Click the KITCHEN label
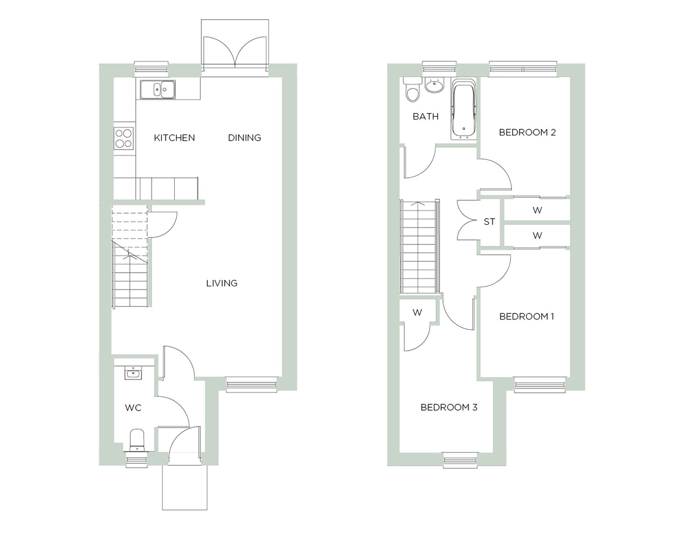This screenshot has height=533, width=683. click(174, 138)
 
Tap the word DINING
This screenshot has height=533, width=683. click(245, 138)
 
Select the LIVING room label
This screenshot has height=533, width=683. click(222, 283)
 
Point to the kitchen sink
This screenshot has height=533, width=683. click(158, 89)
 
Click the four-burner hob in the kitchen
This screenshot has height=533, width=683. click(123, 138)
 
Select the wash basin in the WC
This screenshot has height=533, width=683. click(134, 374)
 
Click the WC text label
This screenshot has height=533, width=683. click(133, 408)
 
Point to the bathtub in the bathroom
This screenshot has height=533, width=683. click(463, 109)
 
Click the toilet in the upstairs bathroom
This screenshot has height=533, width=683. click(413, 90)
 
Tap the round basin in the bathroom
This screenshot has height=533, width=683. click(435, 85)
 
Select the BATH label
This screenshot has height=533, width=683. click(425, 116)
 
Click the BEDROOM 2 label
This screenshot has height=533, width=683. click(527, 132)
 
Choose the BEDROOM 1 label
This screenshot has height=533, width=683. click(527, 316)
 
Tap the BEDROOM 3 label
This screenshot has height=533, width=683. click(449, 407)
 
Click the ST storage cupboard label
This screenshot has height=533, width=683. click(489, 222)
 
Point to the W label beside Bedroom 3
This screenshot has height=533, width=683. click(417, 312)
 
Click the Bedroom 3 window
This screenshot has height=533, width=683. click(460, 460)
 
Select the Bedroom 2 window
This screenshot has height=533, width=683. click(523, 69)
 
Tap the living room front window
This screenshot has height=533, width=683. click(252, 384)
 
